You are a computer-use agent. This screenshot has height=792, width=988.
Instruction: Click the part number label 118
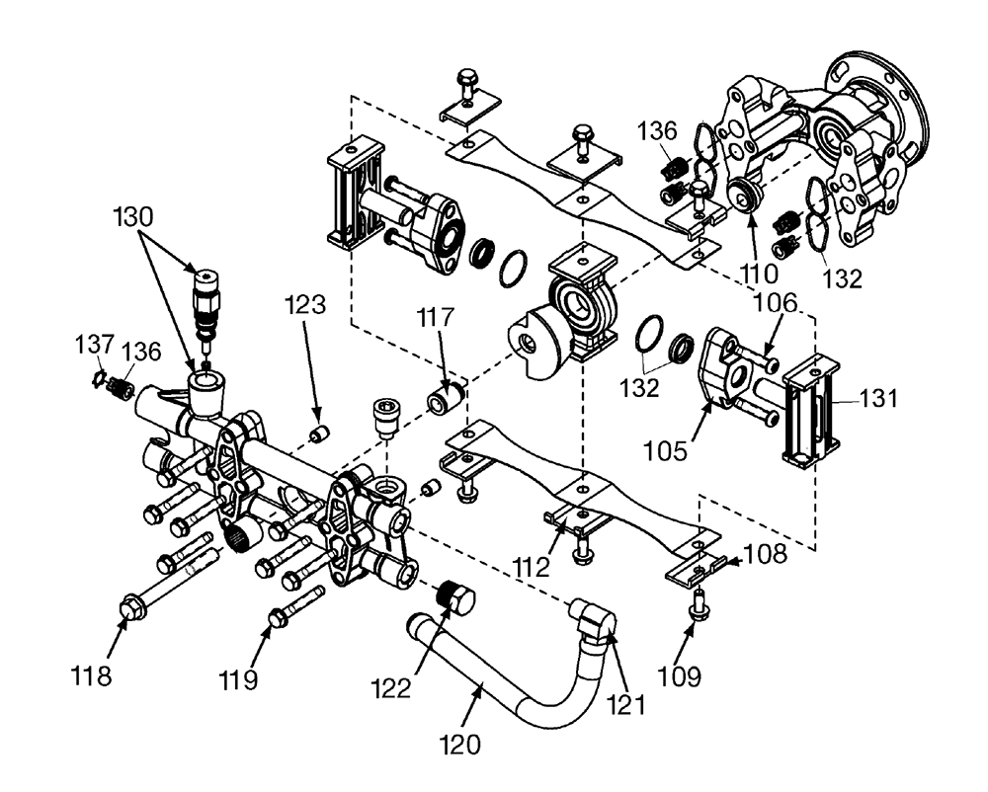click(x=91, y=676)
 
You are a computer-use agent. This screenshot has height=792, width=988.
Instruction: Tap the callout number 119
click(x=238, y=679)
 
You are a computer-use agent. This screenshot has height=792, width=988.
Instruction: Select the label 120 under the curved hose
click(x=460, y=745)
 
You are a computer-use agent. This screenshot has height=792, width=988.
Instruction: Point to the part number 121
click(x=625, y=704)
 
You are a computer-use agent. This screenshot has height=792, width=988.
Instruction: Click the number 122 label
click(x=390, y=687)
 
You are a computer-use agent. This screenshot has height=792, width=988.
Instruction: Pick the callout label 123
click(x=305, y=305)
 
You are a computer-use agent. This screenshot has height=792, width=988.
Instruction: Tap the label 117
click(x=436, y=317)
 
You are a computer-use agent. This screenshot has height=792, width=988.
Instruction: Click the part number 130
click(x=133, y=216)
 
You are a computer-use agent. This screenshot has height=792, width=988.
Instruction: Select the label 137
click(x=95, y=345)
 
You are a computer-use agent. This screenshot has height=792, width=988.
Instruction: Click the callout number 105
click(x=665, y=450)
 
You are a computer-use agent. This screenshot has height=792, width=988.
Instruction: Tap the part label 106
click(x=776, y=303)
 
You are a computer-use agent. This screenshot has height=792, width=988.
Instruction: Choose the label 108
click(x=766, y=553)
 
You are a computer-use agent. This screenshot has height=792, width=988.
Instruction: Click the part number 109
click(x=680, y=676)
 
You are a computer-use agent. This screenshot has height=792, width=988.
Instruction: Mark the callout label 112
click(x=532, y=567)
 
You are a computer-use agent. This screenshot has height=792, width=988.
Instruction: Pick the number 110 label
click(x=759, y=274)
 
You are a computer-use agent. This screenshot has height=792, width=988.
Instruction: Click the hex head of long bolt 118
click(x=128, y=606)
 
